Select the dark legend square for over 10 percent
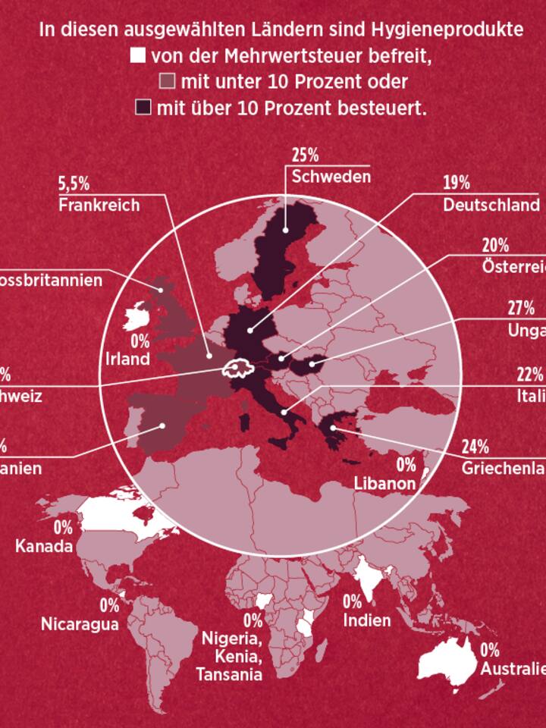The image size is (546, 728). [143, 107]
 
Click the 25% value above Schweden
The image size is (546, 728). [305, 155]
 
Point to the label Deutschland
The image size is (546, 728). [491, 205]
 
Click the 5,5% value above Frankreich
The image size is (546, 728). [74, 184]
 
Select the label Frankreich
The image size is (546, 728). [99, 205]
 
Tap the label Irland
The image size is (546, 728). [128, 358]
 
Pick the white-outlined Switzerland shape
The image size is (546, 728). [236, 369]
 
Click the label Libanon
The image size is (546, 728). [384, 483]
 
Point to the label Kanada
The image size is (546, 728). [44, 546]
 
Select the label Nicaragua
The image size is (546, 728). [80, 624]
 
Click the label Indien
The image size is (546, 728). [367, 620]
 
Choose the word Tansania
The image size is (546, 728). [229, 674]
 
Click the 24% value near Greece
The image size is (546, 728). [475, 446]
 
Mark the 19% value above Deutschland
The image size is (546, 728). [457, 184]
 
